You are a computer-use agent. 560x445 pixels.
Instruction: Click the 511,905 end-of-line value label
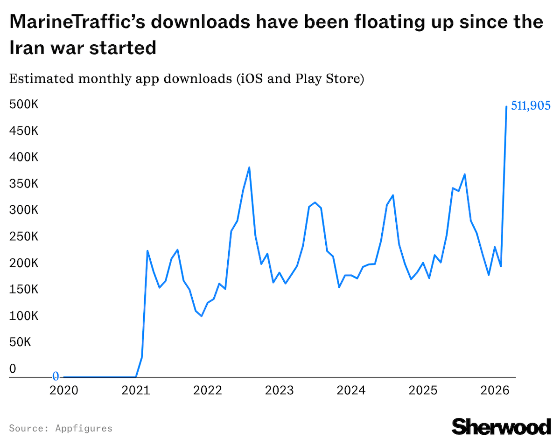click(x=531, y=106)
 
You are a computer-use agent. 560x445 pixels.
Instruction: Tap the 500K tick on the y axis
click(x=23, y=104)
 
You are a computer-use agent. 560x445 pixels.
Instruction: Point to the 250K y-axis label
click(x=23, y=237)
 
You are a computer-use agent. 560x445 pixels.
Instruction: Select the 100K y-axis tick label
click(x=23, y=316)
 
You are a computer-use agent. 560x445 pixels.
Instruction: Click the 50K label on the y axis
click(x=20, y=343)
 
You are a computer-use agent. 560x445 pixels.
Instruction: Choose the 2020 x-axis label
click(x=63, y=389)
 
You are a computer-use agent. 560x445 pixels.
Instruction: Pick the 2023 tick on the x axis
click(x=279, y=389)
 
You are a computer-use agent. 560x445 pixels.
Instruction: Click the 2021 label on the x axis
click(x=135, y=389)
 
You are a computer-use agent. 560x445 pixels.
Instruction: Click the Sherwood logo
click(x=501, y=426)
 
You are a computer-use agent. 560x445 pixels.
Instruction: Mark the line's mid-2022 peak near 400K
click(x=249, y=167)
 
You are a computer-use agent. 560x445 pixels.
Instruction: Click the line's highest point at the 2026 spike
click(x=506, y=106)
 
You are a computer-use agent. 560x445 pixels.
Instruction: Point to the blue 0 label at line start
click(x=56, y=376)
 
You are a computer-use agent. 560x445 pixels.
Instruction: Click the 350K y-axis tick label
click(x=23, y=184)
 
